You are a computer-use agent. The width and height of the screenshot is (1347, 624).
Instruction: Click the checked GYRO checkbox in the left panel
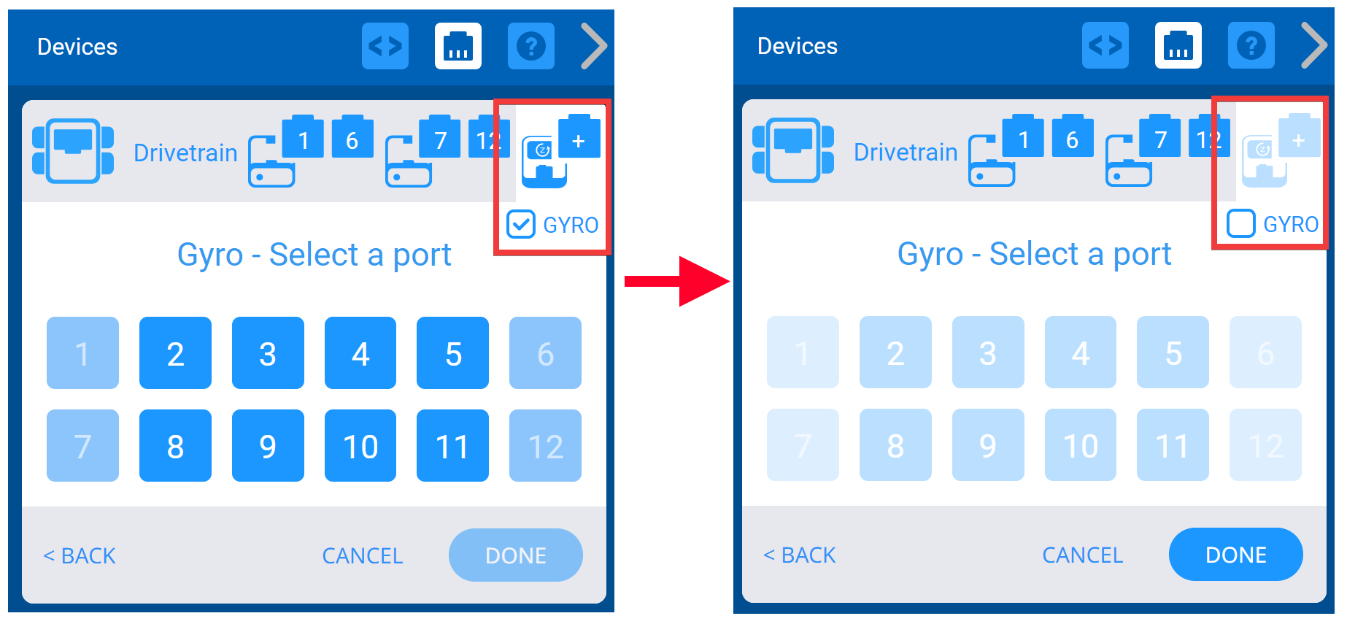(x=521, y=225)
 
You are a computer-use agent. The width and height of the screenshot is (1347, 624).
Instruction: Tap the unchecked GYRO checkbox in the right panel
(x=1240, y=224)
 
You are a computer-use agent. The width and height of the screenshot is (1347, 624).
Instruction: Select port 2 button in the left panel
(x=175, y=353)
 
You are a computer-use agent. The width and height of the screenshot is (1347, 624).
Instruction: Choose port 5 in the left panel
(x=452, y=353)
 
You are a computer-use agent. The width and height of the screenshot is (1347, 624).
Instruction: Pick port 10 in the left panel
(x=360, y=446)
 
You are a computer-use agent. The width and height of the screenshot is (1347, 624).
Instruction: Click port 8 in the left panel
(x=175, y=446)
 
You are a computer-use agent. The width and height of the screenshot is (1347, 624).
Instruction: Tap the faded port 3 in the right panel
(x=987, y=353)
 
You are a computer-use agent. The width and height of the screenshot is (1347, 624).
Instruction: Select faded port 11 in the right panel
(x=1173, y=445)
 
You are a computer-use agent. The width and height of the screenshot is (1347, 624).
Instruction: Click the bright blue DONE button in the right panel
(x=1235, y=555)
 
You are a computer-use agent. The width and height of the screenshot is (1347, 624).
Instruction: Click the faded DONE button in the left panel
(x=515, y=555)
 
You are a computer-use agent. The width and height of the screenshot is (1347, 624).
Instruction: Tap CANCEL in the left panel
(x=362, y=556)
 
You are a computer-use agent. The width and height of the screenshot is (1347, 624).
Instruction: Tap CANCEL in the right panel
(x=1082, y=555)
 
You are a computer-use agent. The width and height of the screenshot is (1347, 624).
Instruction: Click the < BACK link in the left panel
(x=80, y=556)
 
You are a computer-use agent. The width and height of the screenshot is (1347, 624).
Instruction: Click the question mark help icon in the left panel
(x=530, y=47)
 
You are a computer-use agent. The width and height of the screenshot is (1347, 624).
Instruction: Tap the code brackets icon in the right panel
(x=1105, y=46)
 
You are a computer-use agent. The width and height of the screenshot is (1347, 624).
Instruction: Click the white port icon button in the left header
(x=458, y=47)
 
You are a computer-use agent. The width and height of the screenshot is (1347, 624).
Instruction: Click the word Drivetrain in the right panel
(x=905, y=152)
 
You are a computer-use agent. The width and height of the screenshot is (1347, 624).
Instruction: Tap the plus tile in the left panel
(x=579, y=141)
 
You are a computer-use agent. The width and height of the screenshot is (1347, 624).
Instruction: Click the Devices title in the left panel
(x=77, y=47)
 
